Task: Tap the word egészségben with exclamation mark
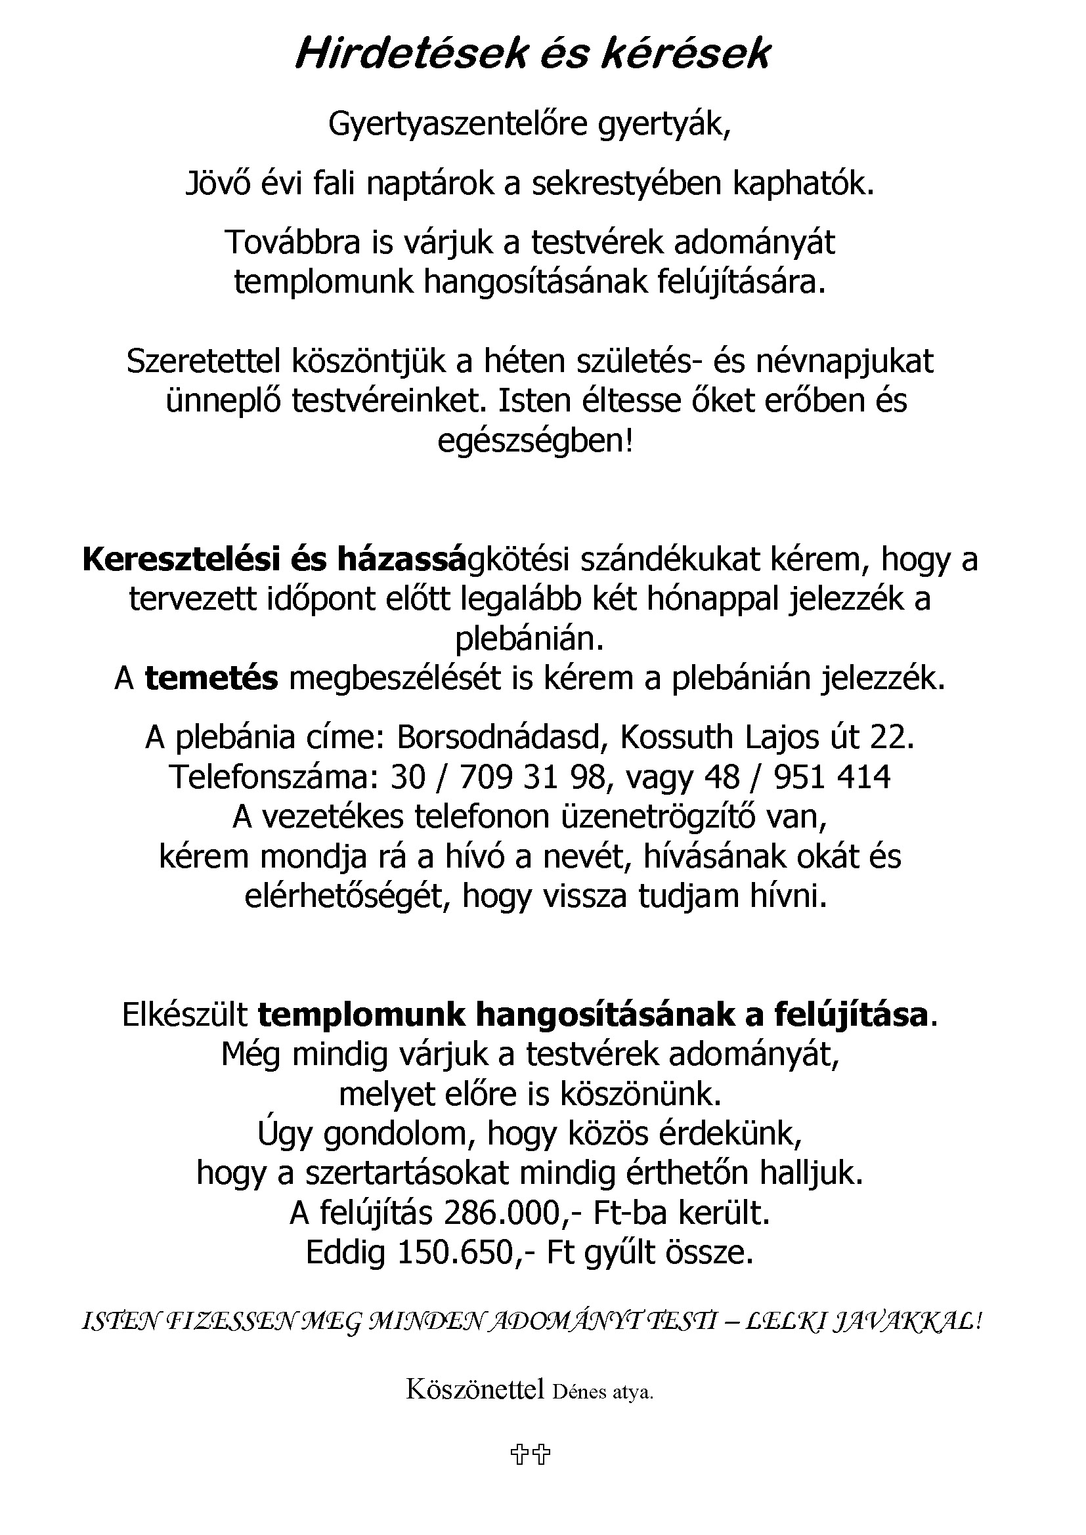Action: pyautogui.click(x=535, y=442)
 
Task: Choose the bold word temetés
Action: pyautogui.click(x=211, y=679)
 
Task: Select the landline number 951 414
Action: pyautogui.click(x=832, y=778)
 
